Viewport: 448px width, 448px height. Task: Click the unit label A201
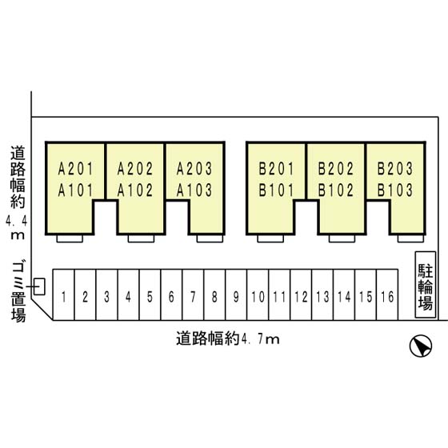click(76, 169)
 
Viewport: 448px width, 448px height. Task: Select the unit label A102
click(135, 190)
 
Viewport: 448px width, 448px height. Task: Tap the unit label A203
click(194, 169)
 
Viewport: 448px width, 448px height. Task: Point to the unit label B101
click(276, 190)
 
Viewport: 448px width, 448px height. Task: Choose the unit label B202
click(336, 169)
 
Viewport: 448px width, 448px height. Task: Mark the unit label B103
click(395, 190)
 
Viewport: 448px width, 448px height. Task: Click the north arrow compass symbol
click(421, 346)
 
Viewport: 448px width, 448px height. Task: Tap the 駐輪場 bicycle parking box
click(426, 285)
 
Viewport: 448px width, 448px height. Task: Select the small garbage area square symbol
click(39, 286)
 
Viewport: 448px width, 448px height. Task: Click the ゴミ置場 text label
click(18, 292)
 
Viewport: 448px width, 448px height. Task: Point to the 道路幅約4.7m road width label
click(228, 339)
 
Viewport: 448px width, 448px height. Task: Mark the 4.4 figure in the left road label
click(17, 221)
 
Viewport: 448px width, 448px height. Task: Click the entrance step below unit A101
click(70, 238)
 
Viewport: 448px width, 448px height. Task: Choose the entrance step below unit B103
click(410, 238)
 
